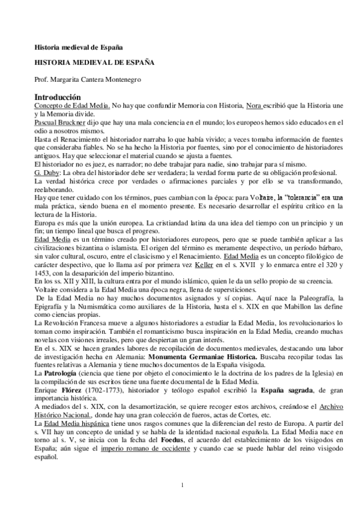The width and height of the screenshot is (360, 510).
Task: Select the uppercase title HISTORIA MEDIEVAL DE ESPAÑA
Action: click(94, 62)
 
